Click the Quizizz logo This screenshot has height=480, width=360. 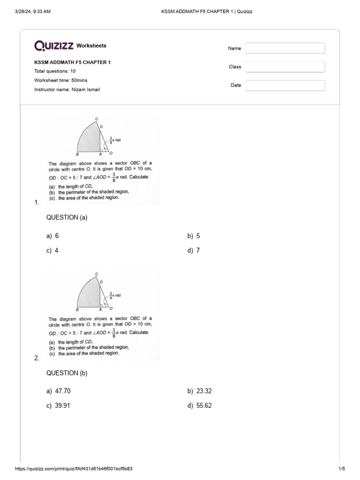[54, 45]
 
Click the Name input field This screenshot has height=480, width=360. [285, 48]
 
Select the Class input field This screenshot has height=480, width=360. [285, 67]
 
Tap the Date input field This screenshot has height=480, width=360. [285, 85]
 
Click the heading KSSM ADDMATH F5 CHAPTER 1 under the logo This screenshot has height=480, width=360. [72, 62]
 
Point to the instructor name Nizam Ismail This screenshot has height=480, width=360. [67, 90]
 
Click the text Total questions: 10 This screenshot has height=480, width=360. [55, 71]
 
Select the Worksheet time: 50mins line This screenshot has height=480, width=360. [60, 81]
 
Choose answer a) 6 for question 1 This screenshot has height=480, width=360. [52, 236]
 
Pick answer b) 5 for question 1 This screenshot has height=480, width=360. [194, 236]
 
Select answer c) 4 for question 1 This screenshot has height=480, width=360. [52, 250]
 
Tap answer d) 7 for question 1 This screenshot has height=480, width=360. [194, 250]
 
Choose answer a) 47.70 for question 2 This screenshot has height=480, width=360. [59, 391]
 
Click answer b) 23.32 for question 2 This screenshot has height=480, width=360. [200, 391]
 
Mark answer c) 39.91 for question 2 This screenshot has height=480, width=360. [59, 405]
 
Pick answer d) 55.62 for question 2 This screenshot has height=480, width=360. [200, 405]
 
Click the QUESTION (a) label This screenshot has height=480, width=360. [67, 217]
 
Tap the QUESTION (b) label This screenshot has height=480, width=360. [67, 373]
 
